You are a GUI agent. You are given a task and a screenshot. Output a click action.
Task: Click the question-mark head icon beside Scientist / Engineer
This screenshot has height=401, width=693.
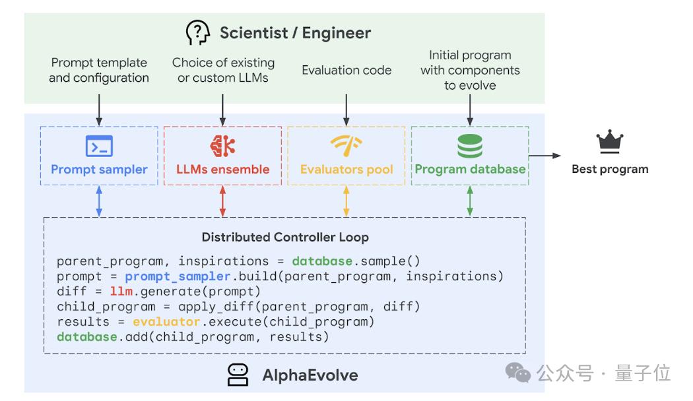197,32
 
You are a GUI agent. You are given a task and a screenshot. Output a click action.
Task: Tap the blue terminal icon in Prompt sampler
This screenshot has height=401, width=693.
99,145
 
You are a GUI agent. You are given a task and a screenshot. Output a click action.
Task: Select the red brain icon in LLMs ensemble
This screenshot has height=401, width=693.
222,145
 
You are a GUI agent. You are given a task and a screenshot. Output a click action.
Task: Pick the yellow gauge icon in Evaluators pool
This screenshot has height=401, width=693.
346,145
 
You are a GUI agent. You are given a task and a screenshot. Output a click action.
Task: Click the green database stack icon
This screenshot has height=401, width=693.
469,145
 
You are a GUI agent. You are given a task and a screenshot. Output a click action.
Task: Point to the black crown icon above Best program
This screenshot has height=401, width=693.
610,142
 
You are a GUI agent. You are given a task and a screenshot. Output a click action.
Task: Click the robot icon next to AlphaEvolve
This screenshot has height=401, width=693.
238,375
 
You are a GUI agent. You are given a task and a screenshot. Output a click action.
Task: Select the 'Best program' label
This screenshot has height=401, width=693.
610,169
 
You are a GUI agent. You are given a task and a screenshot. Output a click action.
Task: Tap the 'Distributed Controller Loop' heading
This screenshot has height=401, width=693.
285,237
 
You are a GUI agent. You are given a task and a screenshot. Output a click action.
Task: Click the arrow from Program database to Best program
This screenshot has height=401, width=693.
544,156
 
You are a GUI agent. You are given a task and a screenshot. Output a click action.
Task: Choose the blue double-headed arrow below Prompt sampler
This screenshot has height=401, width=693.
99,201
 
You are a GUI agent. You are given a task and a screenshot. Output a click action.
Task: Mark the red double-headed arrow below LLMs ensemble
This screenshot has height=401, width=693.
222,201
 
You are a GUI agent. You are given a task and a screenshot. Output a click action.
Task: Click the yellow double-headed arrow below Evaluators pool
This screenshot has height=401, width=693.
346,201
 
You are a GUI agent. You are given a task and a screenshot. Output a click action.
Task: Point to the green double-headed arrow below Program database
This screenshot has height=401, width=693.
469,201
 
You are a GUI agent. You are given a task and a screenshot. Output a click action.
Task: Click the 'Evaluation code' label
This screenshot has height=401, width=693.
346,70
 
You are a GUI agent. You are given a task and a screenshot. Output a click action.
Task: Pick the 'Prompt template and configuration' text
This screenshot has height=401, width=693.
99,70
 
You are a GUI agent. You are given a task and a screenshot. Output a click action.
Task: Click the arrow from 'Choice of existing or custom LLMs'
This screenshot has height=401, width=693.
222,109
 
